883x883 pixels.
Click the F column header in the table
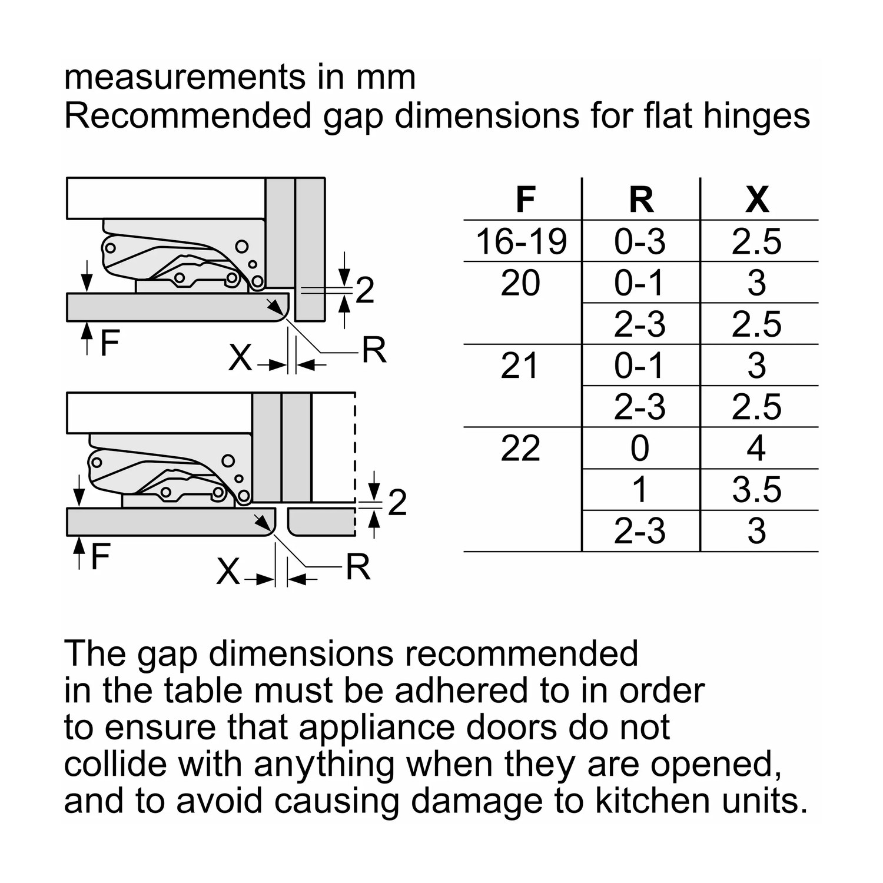tap(525, 200)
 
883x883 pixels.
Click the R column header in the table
tap(641, 200)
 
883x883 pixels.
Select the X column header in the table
tap(757, 200)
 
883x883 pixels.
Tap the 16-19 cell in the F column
tap(522, 241)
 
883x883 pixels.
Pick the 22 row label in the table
tap(520, 449)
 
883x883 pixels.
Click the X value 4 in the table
tap(756, 449)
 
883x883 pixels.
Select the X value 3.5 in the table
tap(756, 490)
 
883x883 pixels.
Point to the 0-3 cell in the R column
tap(640, 241)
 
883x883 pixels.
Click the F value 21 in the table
tap(520, 366)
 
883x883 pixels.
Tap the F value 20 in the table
tap(520, 283)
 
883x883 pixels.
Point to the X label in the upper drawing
tap(240, 357)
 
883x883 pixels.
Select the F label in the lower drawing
tap(101, 557)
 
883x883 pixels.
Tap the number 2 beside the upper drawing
tap(365, 290)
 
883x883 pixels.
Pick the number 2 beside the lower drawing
tap(397, 503)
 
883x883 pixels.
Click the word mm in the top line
tap(386, 77)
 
